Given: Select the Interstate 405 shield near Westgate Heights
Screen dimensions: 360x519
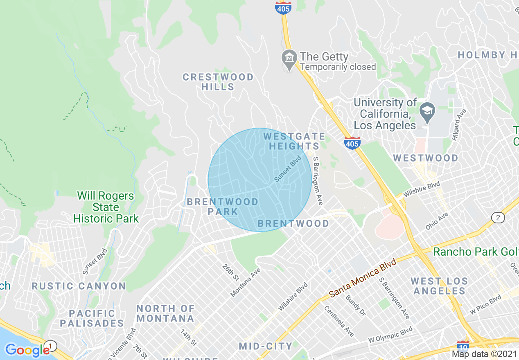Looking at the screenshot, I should pyautogui.click(x=352, y=143).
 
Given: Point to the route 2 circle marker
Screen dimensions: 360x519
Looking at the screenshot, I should pyautogui.click(x=498, y=218).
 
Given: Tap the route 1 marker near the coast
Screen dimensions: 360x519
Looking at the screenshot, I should pyautogui.click(x=50, y=346).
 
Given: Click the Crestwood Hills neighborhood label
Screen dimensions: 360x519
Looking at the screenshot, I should pyautogui.click(x=218, y=82).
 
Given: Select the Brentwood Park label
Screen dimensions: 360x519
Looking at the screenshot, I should pyautogui.click(x=223, y=207).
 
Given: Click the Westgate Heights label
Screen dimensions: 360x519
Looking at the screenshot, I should pyautogui.click(x=294, y=141).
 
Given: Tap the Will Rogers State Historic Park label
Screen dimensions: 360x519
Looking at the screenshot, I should pyautogui.click(x=106, y=207).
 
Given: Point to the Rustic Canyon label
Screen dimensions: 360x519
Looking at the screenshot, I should pyautogui.click(x=79, y=286).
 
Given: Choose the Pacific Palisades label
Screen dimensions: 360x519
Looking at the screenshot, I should pyautogui.click(x=92, y=318).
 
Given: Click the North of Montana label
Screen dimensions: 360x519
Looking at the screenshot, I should pyautogui.click(x=165, y=313).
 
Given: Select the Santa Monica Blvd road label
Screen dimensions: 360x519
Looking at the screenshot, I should pyautogui.click(x=363, y=277).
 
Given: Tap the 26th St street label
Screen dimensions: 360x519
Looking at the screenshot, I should pyautogui.click(x=230, y=272).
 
